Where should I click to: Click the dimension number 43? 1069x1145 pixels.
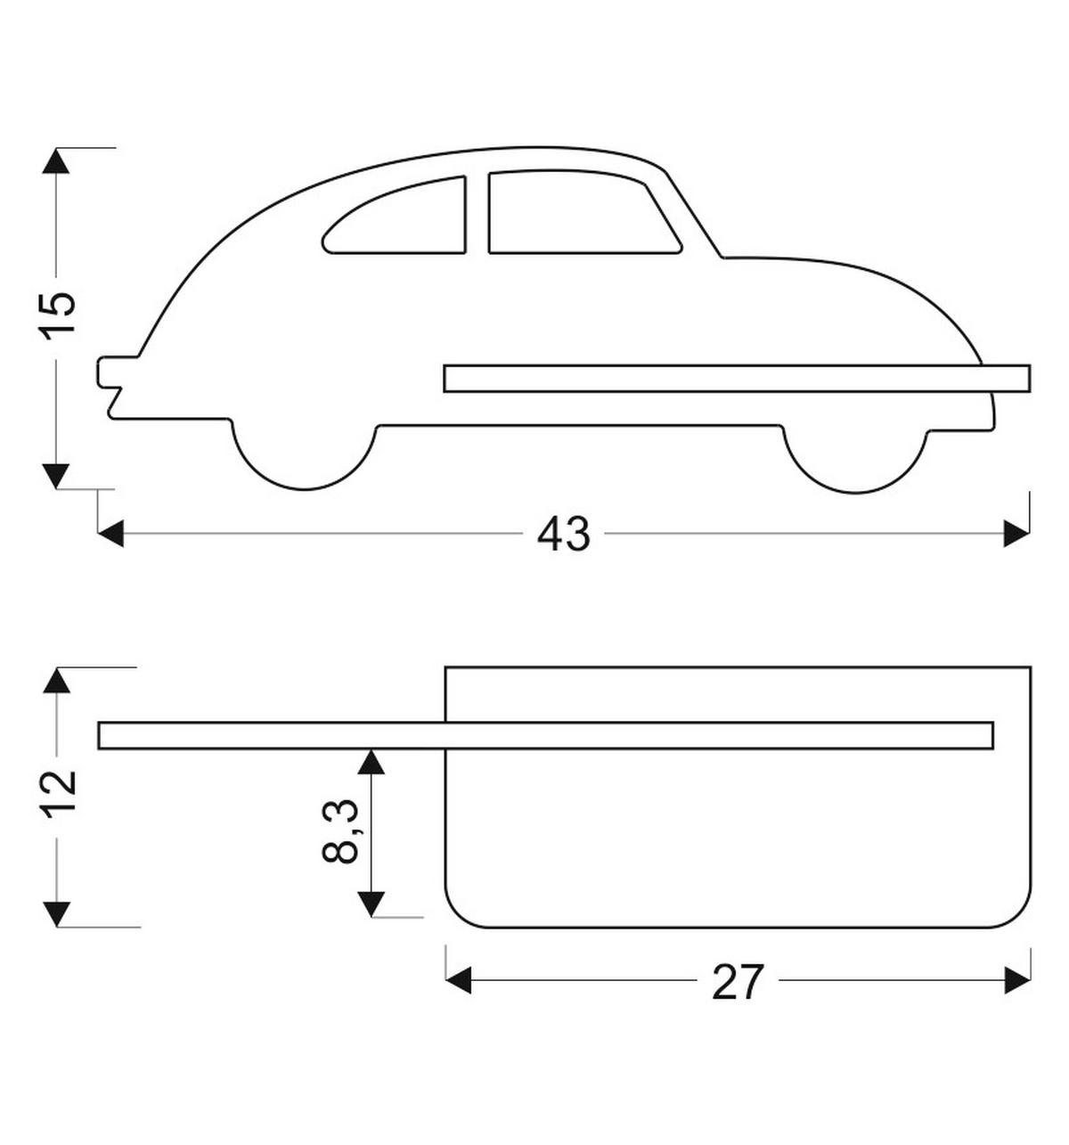coord(563,534)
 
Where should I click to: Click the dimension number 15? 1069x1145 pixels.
coord(57,315)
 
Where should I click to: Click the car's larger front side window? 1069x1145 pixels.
coord(583,212)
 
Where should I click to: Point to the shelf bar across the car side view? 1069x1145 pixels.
coord(737,378)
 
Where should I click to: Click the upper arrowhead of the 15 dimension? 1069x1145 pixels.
coord(56,161)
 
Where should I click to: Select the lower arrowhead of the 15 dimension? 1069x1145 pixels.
coord(56,476)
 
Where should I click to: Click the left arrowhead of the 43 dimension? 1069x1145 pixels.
coord(110,534)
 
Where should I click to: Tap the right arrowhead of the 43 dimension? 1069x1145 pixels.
coord(1016,534)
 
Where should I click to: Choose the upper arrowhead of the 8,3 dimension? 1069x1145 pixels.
coord(371,762)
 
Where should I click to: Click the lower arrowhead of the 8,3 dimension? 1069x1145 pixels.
coord(371,904)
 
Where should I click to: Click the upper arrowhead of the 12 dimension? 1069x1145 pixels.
coord(57,680)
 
